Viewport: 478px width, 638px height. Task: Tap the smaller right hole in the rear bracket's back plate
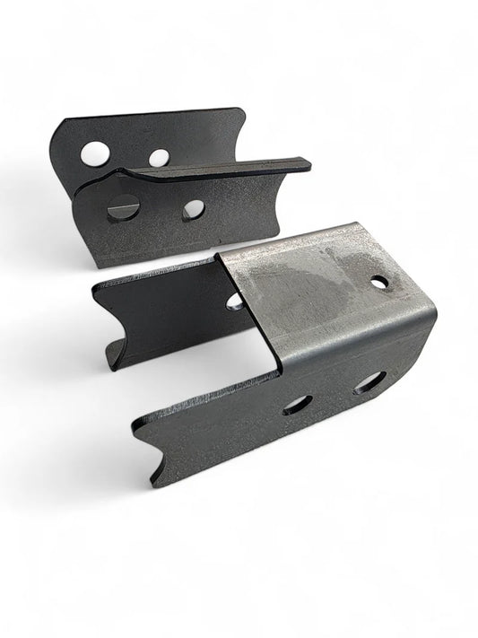(159, 159)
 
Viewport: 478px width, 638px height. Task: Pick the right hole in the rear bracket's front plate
(193, 210)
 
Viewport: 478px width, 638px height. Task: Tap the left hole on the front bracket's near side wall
(297, 405)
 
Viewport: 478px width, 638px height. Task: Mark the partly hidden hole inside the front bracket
(235, 301)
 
